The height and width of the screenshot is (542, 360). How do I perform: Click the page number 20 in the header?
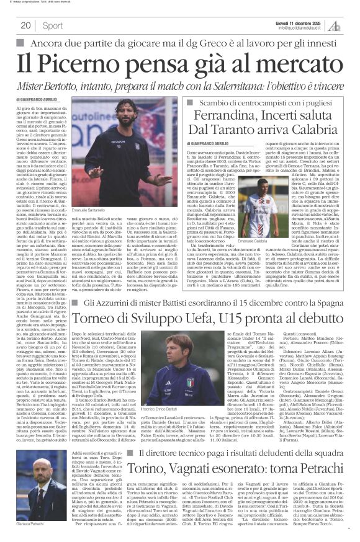point(25,25)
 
